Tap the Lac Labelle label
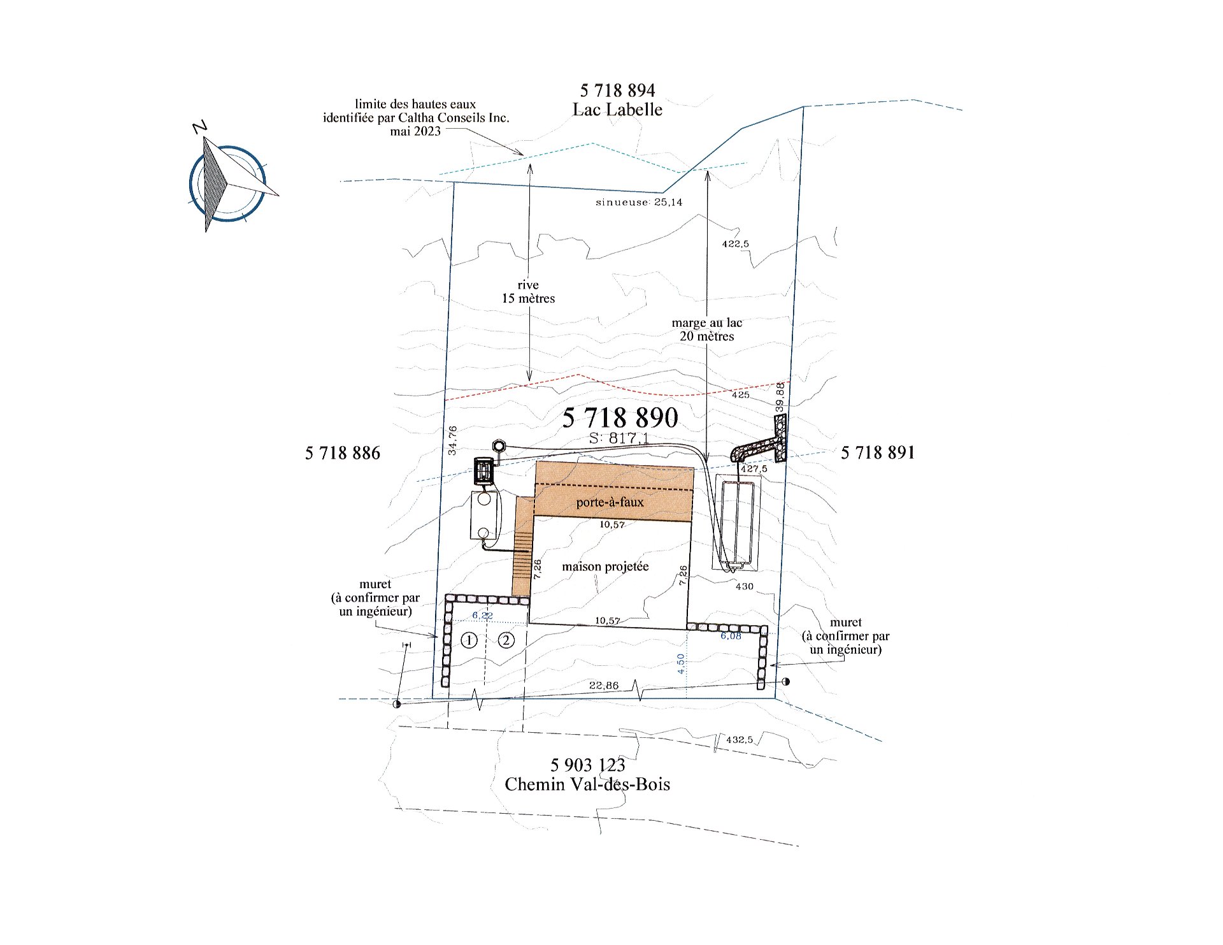pyautogui.click(x=617, y=110)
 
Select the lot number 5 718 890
pyautogui.click(x=620, y=418)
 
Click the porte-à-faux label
pyautogui.click(x=610, y=502)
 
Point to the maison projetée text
pyautogui.click(x=605, y=566)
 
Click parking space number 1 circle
pyautogui.click(x=469, y=640)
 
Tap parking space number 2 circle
pyautogui.click(x=506, y=640)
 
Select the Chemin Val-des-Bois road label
pyautogui.click(x=587, y=784)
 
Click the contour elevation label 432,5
pyautogui.click(x=739, y=740)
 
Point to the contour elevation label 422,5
pyautogui.click(x=735, y=243)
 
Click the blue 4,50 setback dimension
pyautogui.click(x=681, y=664)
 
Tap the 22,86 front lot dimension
pyautogui.click(x=604, y=686)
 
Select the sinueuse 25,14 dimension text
pyautogui.click(x=639, y=203)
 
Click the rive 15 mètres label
pyautogui.click(x=528, y=292)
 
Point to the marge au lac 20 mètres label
pyautogui.click(x=707, y=329)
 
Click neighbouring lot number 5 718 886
pyautogui.click(x=342, y=453)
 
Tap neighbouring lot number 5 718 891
pyautogui.click(x=878, y=452)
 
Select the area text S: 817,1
pyautogui.click(x=619, y=438)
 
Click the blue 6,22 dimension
pyautogui.click(x=482, y=616)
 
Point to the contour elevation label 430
pyautogui.click(x=744, y=586)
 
